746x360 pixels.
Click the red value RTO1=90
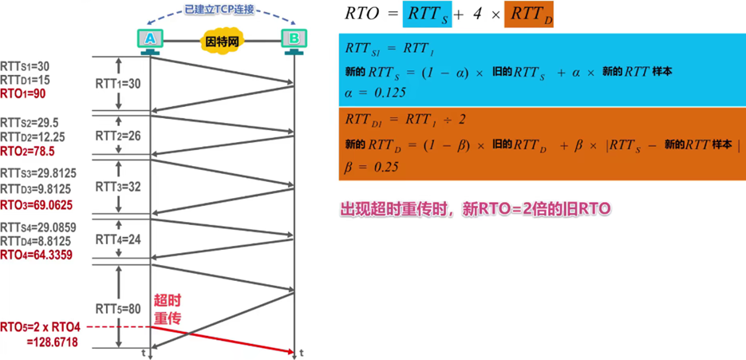23,93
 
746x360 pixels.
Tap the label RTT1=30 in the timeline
118,82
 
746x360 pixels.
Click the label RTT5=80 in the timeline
118,308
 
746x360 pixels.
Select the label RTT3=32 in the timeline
118,186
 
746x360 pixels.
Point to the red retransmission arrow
223,338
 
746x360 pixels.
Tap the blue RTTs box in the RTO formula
428,15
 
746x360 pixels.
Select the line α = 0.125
376,92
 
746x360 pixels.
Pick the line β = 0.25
371,168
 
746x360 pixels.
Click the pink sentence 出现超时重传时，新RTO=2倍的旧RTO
476,210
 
